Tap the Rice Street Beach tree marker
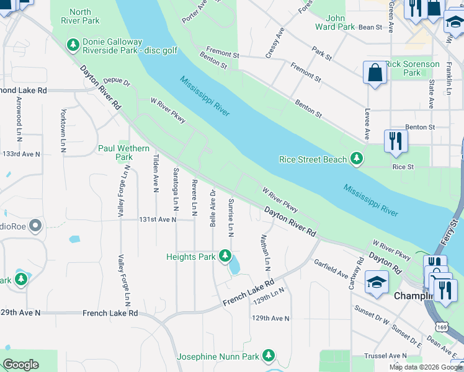coord(357,159)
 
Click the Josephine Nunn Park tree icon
coord(269,356)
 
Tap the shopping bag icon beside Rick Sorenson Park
coord(375,73)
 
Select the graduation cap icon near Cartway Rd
coord(377,282)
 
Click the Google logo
coord(20,365)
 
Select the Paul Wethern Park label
coord(124,153)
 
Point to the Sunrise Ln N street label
coord(230,217)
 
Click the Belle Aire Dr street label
coord(213,208)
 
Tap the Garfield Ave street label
coord(331,268)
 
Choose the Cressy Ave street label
coord(275,43)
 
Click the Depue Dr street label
coord(117,81)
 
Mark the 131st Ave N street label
coord(158,219)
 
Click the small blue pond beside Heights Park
coord(235,267)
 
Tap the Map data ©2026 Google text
coord(426,366)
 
